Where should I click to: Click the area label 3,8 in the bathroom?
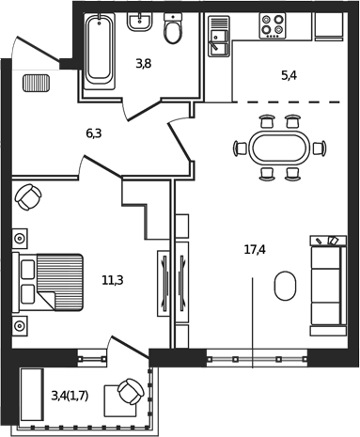(x=143, y=64)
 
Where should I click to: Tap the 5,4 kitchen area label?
(x=289, y=75)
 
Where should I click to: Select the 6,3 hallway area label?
(x=93, y=133)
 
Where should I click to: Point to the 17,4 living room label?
(x=254, y=250)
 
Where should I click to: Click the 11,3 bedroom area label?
(x=113, y=279)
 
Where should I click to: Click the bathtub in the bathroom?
(x=99, y=52)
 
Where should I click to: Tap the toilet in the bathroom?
(x=173, y=30)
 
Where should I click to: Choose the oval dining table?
(x=278, y=148)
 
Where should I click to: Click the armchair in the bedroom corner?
(x=28, y=197)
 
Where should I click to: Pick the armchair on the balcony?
(x=128, y=394)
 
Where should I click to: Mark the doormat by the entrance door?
(x=36, y=83)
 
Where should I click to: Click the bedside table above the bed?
(x=19, y=237)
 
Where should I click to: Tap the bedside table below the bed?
(x=19, y=325)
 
